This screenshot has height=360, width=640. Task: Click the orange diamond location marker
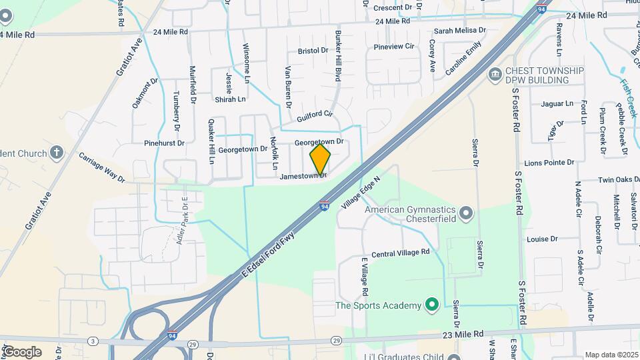(x=320, y=159)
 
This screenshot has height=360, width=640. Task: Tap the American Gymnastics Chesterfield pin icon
(x=466, y=213)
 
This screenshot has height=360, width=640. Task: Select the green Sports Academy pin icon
(x=431, y=305)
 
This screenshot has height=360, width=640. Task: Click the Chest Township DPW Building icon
(x=495, y=73)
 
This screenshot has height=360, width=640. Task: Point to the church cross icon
(x=56, y=153)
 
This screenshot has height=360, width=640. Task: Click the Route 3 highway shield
(x=93, y=341)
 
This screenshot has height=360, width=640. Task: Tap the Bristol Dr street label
(x=313, y=51)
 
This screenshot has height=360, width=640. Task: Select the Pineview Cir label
(x=394, y=47)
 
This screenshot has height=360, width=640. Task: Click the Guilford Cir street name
(x=315, y=114)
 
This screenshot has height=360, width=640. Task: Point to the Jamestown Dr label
(x=303, y=177)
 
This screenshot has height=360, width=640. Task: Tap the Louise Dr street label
(x=542, y=239)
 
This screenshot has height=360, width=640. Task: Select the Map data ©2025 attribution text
(x=611, y=355)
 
